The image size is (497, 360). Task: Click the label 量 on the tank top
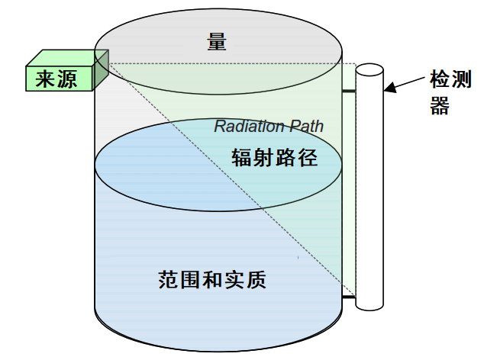click(217, 42)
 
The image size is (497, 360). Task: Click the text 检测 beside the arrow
click(450, 79)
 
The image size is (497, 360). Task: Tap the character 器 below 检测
click(440, 105)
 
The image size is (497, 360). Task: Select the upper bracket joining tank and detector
click(349, 92)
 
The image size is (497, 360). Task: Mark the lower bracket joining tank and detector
click(349, 297)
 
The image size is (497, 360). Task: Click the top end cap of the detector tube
click(370, 70)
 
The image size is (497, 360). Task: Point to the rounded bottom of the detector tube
click(370, 307)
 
